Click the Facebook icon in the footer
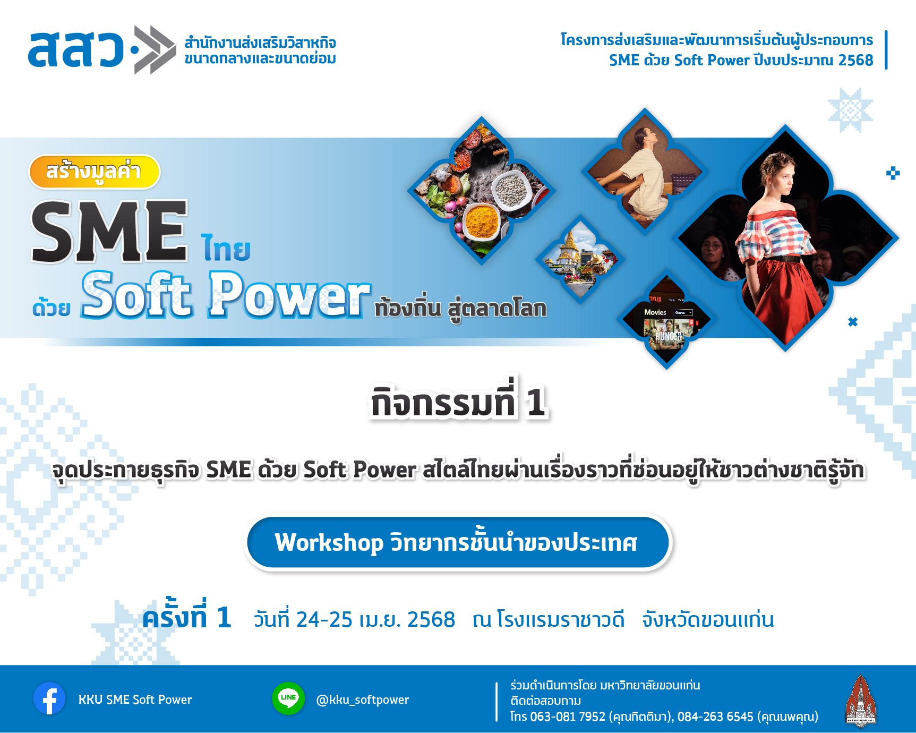(x=49, y=698)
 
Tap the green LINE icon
(x=288, y=698)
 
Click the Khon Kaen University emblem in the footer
(x=860, y=701)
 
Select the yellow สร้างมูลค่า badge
(x=95, y=172)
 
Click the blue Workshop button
(x=458, y=542)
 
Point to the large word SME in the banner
(x=109, y=232)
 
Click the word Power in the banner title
(x=288, y=295)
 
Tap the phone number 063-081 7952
(x=568, y=717)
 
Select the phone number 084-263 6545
(x=715, y=717)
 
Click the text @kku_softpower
(x=363, y=700)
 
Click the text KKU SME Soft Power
(x=135, y=700)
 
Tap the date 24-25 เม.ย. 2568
(x=354, y=620)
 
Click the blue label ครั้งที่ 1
(x=186, y=616)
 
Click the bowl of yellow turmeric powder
(x=482, y=221)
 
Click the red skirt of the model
(x=780, y=297)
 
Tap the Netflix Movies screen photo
(x=666, y=321)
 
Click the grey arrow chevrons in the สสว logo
(x=155, y=49)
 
